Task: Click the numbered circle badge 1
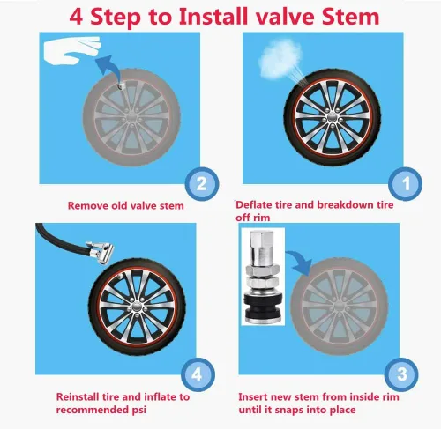pyautogui.click(x=405, y=184)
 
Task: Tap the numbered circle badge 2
pyautogui.click(x=202, y=184)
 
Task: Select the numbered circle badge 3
pyautogui.click(x=401, y=374)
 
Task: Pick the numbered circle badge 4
pyautogui.click(x=198, y=374)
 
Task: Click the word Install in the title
pyautogui.click(x=213, y=17)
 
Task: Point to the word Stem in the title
pyautogui.click(x=350, y=17)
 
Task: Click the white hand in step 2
pyautogui.click(x=72, y=50)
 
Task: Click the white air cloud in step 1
pyautogui.click(x=280, y=59)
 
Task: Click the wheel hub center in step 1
pyautogui.click(x=333, y=118)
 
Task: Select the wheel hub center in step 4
pyautogui.click(x=137, y=307)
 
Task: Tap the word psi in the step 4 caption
pyautogui.click(x=138, y=410)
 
